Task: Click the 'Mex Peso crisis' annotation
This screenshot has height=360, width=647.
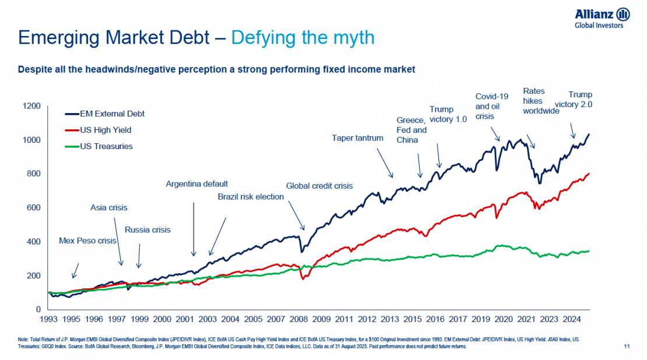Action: click(87, 241)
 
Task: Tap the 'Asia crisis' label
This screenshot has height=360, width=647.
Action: click(108, 207)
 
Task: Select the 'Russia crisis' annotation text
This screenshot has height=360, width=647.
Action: click(147, 230)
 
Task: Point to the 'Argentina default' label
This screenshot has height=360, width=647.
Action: click(196, 184)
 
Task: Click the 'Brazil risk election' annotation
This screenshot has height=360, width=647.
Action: click(251, 197)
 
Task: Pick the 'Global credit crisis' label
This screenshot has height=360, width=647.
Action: click(319, 186)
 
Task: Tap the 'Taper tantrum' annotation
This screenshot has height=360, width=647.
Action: click(357, 138)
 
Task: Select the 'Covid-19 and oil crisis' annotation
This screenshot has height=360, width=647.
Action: click(488, 106)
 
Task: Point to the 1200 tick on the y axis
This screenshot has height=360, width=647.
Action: click(32, 106)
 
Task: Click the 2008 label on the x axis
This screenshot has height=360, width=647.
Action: click(298, 319)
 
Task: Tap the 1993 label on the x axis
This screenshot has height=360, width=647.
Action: click(48, 319)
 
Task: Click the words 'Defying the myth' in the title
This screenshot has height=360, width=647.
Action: click(303, 38)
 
